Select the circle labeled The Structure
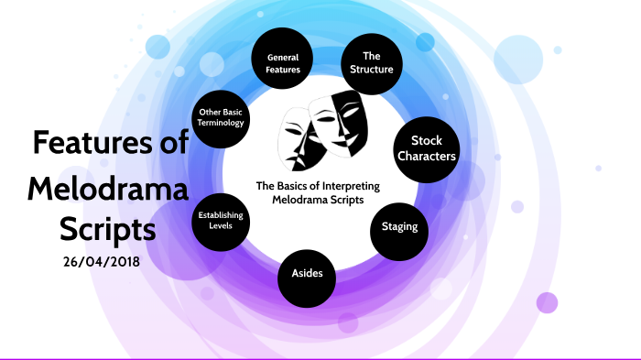[371, 61]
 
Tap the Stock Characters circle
[426, 148]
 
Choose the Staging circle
[400, 226]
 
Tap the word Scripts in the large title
[107, 226]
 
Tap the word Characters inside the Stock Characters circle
[426, 157]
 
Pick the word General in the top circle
[283, 57]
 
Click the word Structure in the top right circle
[371, 69]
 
